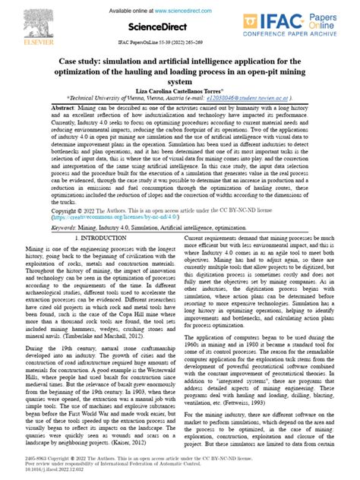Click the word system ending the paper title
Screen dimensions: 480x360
[179, 81]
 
